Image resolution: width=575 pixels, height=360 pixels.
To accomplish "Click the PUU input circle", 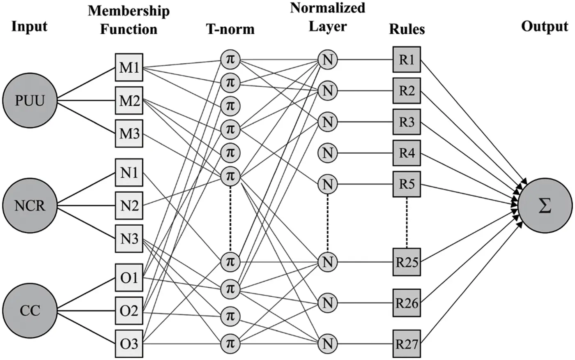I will pos(30,100).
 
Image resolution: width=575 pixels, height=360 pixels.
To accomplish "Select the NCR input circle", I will pos(30,205).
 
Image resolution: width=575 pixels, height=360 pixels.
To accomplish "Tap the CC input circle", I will pos(30,310).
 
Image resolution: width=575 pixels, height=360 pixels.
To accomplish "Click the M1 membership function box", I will pos(129,67).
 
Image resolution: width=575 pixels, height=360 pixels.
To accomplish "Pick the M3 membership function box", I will pos(129,134).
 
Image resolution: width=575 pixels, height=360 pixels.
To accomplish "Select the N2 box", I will pos(129,205).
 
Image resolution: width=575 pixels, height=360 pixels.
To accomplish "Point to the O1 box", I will pos(129,278).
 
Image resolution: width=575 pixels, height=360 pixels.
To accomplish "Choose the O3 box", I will pos(129,343).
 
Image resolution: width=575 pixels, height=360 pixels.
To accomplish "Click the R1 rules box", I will pos(406,60).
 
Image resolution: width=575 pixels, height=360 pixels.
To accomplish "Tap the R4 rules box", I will pos(406,153).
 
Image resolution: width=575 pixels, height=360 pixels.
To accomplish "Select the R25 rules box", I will pos(406,262).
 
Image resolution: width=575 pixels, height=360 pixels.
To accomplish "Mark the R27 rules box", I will pos(406,343).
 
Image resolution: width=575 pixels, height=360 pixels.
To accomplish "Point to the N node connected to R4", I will pos(327,153).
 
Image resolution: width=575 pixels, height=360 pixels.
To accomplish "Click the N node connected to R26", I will pos(327,303).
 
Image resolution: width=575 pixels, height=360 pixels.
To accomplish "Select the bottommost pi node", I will pos(230,342).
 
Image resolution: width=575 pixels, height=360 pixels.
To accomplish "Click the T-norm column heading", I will pos(230,29).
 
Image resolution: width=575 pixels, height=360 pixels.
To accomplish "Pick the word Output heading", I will pos(544,26).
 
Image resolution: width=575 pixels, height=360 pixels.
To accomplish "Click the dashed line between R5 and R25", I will pos(407,222).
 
